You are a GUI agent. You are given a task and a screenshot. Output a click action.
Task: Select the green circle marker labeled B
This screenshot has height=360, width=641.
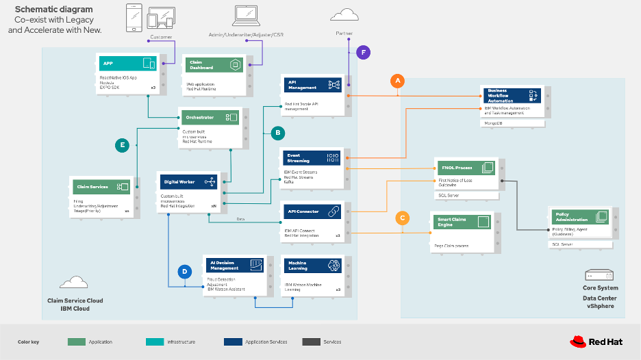(277, 131)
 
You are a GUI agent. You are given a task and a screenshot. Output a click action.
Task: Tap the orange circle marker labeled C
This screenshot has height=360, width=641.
(403, 218)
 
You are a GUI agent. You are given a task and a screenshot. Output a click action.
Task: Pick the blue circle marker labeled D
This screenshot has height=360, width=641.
(184, 272)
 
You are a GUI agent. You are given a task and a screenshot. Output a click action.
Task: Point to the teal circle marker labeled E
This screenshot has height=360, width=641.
(123, 144)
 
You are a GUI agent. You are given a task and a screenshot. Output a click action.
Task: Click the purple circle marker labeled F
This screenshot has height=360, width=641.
(364, 51)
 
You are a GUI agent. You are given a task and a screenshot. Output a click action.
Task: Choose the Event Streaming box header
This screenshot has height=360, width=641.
(312, 157)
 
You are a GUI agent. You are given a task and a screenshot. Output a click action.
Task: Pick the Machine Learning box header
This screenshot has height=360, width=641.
(312, 266)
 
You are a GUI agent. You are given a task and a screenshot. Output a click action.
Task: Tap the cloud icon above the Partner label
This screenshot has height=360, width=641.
(344, 15)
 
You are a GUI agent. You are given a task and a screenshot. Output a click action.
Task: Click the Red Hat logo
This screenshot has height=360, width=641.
(593, 341)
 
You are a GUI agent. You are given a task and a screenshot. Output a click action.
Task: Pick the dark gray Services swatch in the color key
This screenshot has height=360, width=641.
(312, 342)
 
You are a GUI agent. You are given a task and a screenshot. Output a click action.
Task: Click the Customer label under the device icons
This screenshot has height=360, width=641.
(161, 37)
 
